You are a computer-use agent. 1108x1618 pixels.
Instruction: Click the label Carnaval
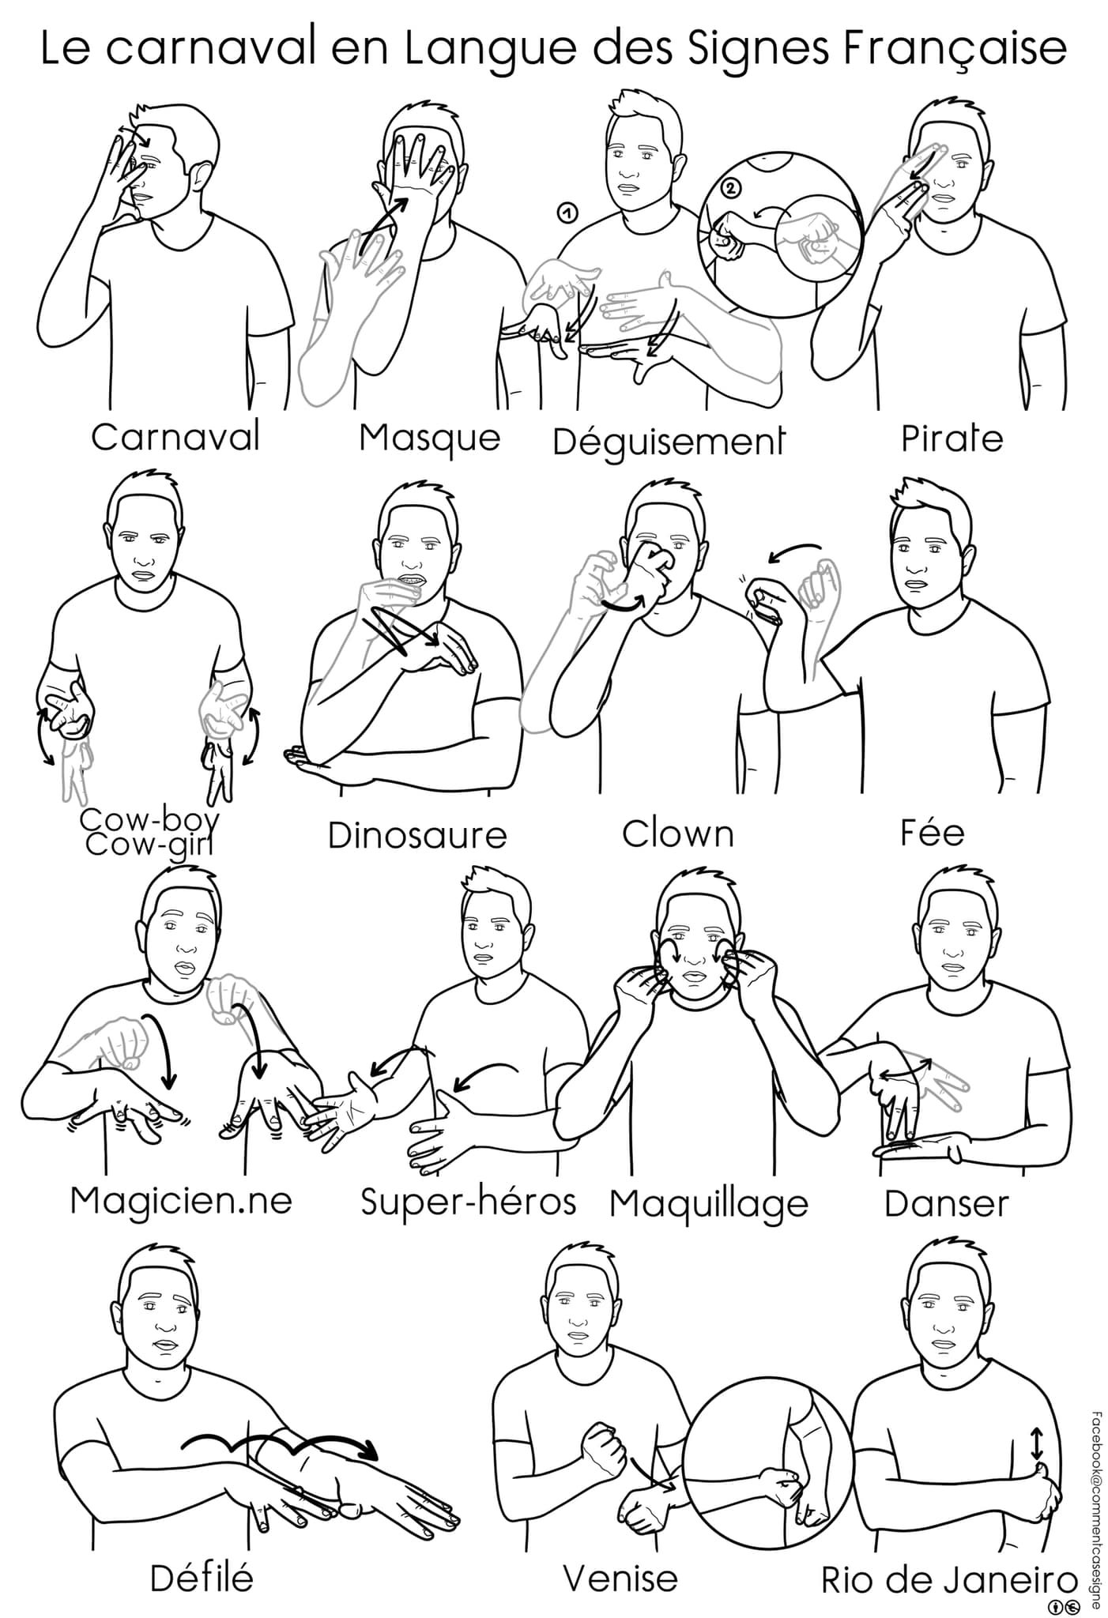(x=175, y=436)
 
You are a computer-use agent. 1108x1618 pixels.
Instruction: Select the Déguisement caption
(x=669, y=442)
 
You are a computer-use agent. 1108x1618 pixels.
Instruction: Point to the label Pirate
(x=952, y=438)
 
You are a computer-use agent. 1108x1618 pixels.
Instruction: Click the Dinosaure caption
(x=417, y=835)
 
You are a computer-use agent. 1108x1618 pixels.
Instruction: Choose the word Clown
(x=678, y=833)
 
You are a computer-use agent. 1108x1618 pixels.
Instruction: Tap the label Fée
(x=933, y=832)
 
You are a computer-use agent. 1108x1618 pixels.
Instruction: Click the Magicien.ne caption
(x=181, y=1201)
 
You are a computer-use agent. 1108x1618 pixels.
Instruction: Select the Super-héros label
(x=468, y=1202)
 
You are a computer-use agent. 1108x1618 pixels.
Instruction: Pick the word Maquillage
(x=710, y=1205)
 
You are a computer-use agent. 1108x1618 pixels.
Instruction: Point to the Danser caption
(x=947, y=1203)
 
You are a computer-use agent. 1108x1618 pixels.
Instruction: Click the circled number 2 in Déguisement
(x=732, y=188)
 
